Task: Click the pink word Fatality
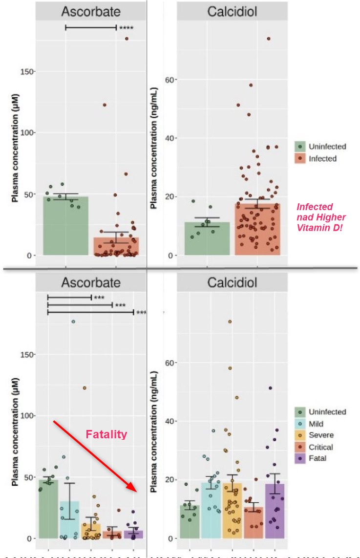click(x=106, y=434)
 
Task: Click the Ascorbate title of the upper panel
click(x=91, y=11)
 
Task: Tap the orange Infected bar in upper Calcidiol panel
click(x=257, y=230)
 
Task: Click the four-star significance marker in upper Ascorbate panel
click(x=126, y=28)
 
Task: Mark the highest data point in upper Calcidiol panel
click(x=268, y=39)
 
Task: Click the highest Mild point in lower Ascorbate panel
click(x=73, y=322)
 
